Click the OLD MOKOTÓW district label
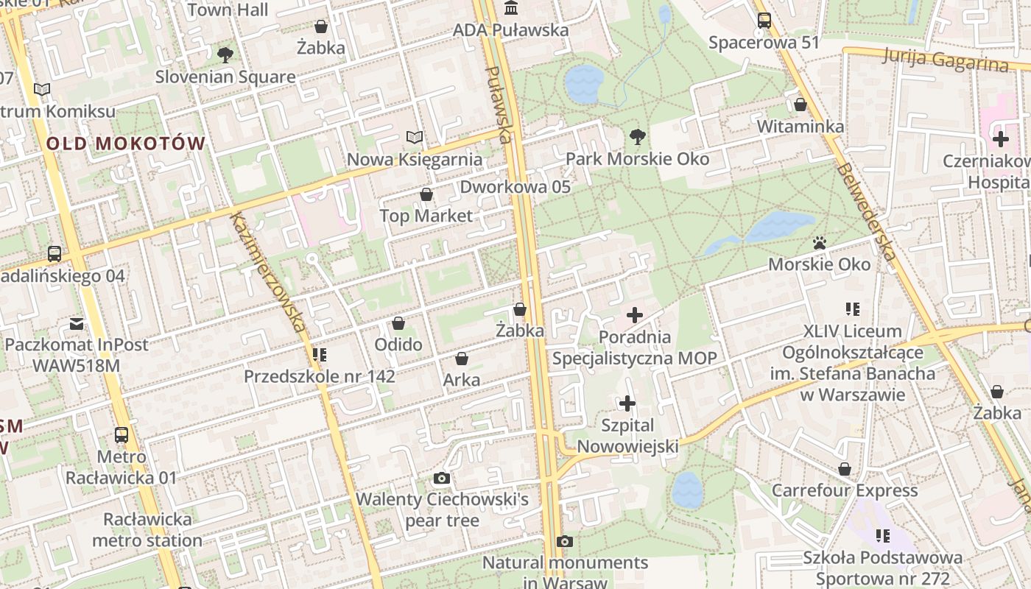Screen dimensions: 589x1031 coord(125,144)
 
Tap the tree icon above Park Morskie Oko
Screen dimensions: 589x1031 coord(637,137)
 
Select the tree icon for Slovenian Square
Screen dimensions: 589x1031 coord(225,54)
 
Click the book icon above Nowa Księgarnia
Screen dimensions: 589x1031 coord(415,138)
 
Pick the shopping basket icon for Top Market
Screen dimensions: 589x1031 coord(426,194)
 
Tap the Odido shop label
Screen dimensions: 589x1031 coord(398,345)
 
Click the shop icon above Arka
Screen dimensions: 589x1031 coord(462,359)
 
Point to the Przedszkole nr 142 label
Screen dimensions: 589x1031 coord(320,376)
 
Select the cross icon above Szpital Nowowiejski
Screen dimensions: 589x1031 coord(627,403)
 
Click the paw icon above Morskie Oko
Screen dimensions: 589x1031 coord(819,242)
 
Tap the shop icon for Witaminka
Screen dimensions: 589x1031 coord(800,105)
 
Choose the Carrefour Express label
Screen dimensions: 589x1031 coord(845,490)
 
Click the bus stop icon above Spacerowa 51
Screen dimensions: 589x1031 coord(764,21)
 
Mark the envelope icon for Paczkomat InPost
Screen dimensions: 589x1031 coord(77,323)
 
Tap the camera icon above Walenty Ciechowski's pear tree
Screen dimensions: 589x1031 coord(442,479)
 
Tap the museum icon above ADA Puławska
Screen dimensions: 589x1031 coord(510,8)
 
